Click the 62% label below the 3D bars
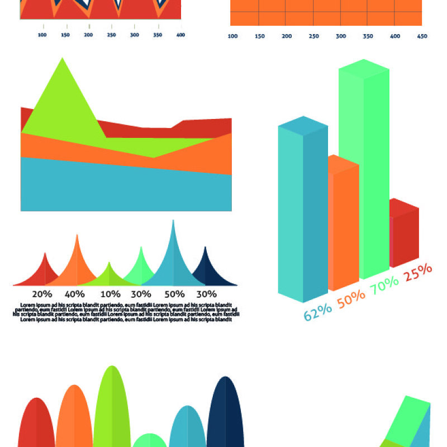(x=317, y=311)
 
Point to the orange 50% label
(x=351, y=298)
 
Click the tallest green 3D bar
(x=363, y=168)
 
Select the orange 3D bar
(x=344, y=223)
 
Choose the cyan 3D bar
(x=302, y=212)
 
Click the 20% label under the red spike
(x=42, y=294)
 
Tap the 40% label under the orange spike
(x=74, y=294)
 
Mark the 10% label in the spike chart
(x=110, y=294)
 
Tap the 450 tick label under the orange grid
(x=422, y=36)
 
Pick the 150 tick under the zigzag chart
(x=65, y=35)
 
